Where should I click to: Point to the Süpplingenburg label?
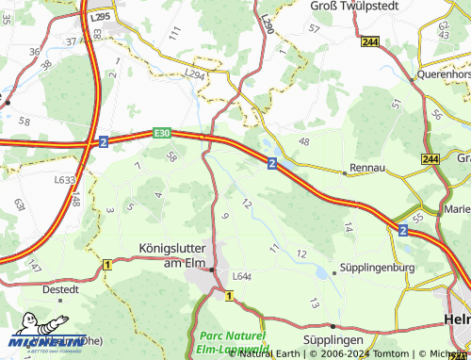(382, 267)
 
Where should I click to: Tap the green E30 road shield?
(162, 134)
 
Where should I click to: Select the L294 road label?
(195, 73)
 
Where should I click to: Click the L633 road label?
(64, 179)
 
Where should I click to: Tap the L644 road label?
(241, 276)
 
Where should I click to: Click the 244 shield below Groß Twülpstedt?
(369, 41)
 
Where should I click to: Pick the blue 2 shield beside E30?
(103, 141)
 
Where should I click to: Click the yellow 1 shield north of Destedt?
(107, 265)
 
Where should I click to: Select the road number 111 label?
(174, 33)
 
